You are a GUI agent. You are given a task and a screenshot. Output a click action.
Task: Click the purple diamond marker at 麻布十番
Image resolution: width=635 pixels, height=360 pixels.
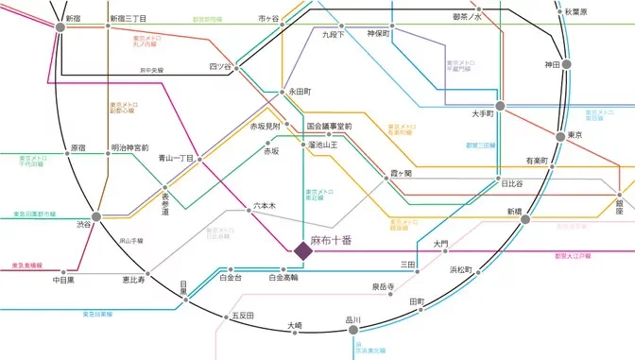click(x=303, y=250)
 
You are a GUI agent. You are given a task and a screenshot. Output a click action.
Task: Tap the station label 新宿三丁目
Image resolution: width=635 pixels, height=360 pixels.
click(x=127, y=18)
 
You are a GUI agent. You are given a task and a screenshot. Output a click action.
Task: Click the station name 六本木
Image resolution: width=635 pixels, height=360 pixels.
click(x=264, y=204)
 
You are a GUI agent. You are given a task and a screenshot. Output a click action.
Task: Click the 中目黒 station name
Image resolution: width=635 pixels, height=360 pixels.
click(x=63, y=280)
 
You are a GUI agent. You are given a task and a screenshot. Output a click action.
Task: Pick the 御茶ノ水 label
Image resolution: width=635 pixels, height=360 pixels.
click(x=467, y=17)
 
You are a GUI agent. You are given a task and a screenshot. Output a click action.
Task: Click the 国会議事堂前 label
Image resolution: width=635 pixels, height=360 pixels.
click(x=329, y=126)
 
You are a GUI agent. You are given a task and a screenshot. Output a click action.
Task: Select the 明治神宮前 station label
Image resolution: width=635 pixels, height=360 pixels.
click(x=129, y=147)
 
